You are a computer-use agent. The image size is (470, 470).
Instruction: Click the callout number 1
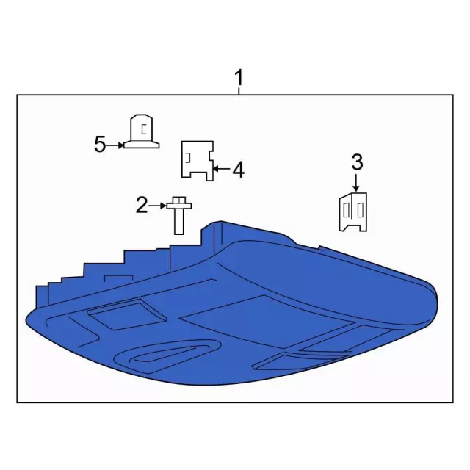pyautogui.click(x=239, y=78)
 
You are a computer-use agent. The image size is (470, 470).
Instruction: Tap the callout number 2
pyautogui.click(x=142, y=205)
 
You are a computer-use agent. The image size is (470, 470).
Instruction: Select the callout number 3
pyautogui.click(x=357, y=162)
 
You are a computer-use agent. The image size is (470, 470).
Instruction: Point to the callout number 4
pyautogui.click(x=238, y=170)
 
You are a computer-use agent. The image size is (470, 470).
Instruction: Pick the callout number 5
pyautogui.click(x=100, y=144)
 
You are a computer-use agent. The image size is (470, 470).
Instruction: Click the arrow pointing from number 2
pyautogui.click(x=157, y=206)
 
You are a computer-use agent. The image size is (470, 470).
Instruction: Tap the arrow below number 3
pyautogui.click(x=355, y=181)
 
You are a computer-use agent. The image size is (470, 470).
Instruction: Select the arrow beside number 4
pyautogui.click(x=222, y=170)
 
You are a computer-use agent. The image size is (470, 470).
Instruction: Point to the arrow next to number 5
pyautogui.click(x=115, y=145)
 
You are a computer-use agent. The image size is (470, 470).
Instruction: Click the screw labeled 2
pyautogui.click(x=179, y=215)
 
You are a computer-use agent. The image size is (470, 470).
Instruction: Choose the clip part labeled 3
pyautogui.click(x=353, y=212)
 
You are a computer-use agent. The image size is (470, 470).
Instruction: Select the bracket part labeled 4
pyautogui.click(x=198, y=161)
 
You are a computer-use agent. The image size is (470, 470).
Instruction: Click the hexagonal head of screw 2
pyautogui.click(x=179, y=200)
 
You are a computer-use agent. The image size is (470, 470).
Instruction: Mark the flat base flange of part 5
pyautogui.click(x=142, y=145)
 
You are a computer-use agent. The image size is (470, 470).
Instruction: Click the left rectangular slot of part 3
pyautogui.click(x=347, y=210)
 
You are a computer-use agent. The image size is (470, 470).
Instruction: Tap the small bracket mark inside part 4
pyautogui.click(x=188, y=158)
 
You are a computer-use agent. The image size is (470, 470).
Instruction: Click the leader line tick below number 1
pyautogui.click(x=239, y=91)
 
